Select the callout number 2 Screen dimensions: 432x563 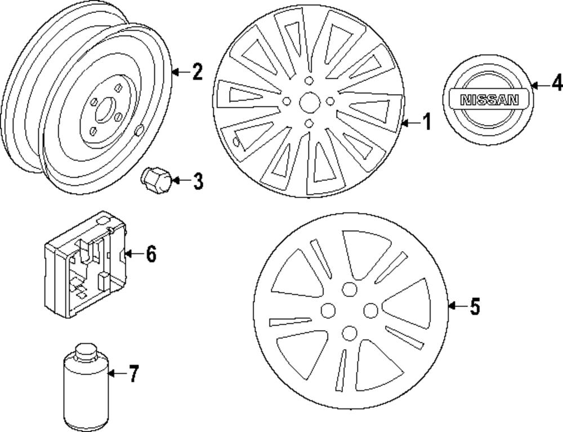tap(196, 72)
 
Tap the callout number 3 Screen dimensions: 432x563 tap(197, 181)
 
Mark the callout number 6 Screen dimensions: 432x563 tap(150, 255)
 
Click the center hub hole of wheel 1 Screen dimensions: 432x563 tap(308, 101)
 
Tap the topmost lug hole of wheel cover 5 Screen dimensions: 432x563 tap(349, 289)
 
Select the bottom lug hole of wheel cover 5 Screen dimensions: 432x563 tap(349, 333)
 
